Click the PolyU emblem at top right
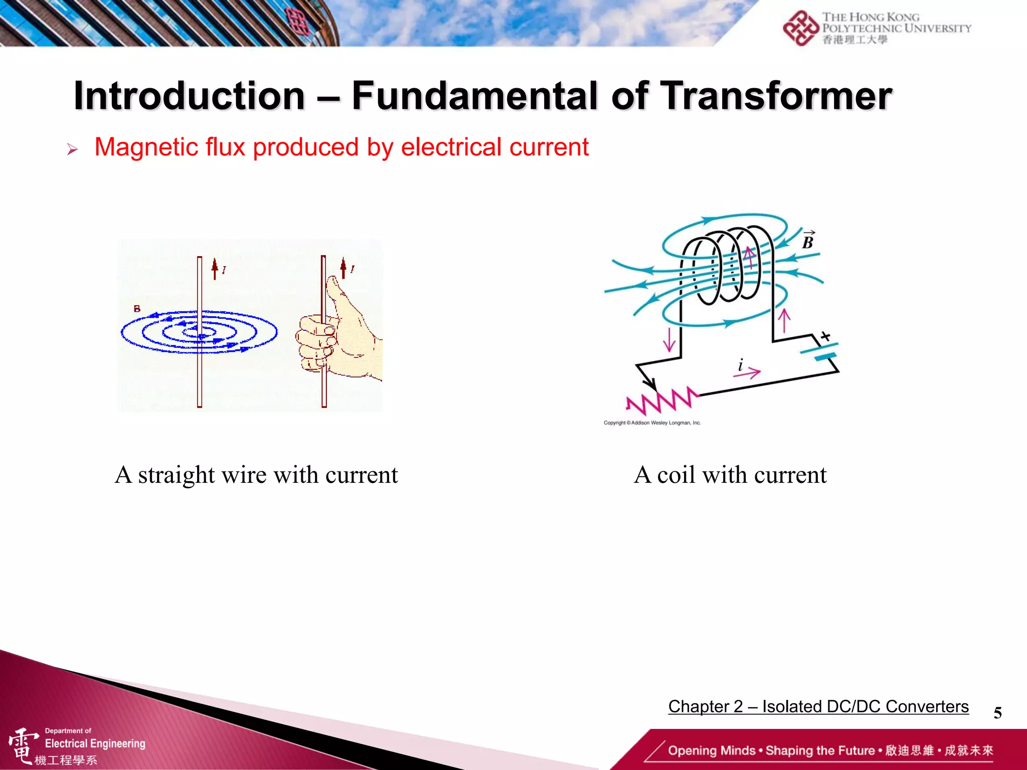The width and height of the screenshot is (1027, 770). [800, 28]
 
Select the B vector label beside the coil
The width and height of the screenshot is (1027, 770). [808, 241]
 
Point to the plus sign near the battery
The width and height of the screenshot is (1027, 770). [825, 336]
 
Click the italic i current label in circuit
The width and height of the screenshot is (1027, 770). [741, 364]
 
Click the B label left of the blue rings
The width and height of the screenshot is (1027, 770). [137, 309]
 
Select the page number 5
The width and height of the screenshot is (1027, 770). [997, 712]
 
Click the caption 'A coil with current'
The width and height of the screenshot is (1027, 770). [730, 475]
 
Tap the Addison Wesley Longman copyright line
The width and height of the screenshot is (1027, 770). [652, 423]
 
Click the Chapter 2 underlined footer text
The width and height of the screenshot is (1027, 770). [818, 706]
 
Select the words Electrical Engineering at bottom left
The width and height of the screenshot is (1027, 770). [95, 743]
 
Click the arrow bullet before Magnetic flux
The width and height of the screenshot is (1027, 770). [72, 149]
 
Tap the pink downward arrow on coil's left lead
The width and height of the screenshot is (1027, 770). [669, 339]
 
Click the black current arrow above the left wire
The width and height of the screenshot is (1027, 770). [215, 268]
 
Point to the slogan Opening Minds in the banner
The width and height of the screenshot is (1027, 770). [711, 750]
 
